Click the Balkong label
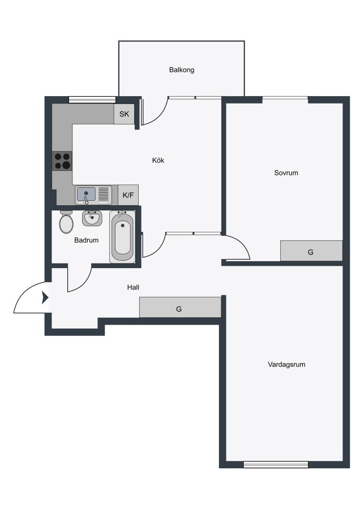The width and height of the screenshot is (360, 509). (x=182, y=70)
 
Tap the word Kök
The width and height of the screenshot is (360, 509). (x=158, y=160)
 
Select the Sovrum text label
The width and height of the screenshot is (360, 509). (x=286, y=172)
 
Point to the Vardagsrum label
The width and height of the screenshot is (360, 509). (x=286, y=364)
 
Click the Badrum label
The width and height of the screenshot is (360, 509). (x=86, y=240)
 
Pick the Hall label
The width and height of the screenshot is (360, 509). (x=133, y=287)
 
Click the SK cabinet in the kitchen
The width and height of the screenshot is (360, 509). (x=124, y=114)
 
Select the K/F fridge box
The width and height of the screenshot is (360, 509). (x=128, y=195)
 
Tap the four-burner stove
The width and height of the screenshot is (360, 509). (x=62, y=161)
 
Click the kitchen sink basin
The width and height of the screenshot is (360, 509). (x=86, y=195)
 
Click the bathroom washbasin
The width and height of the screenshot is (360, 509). (x=92, y=218)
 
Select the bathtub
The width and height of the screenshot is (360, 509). (x=122, y=237)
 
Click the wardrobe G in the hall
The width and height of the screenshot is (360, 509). (x=180, y=307)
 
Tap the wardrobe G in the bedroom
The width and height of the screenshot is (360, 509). (x=311, y=251)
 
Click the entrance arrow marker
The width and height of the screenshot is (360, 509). (x=45, y=297)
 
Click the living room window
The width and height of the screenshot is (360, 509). (x=276, y=464)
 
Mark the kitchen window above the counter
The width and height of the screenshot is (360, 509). (x=93, y=100)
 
